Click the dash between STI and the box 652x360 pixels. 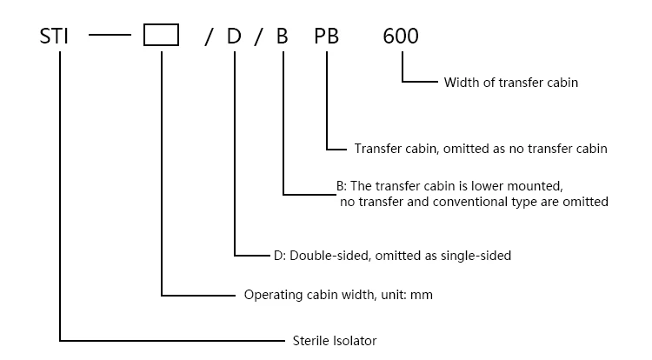[108, 37]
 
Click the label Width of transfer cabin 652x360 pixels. [510, 83]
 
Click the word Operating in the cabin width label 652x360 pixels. [270, 296]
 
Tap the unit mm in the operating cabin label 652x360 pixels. [422, 296]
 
